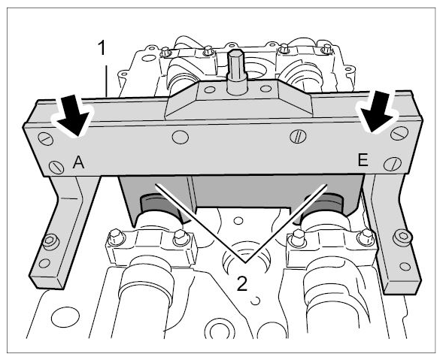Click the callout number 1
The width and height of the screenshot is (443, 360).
(x=102, y=47)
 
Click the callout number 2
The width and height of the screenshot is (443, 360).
(x=242, y=283)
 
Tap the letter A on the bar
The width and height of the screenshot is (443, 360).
(x=78, y=162)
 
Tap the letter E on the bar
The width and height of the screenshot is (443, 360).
(x=363, y=160)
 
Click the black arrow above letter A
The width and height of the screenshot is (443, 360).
(x=74, y=116)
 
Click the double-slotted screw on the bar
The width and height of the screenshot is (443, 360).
(x=298, y=137)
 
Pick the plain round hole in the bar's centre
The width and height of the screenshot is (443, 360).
(x=180, y=138)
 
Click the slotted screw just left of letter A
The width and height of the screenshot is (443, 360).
(x=57, y=167)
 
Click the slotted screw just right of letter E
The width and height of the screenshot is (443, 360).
(x=393, y=163)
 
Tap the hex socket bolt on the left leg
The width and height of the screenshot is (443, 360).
(x=50, y=241)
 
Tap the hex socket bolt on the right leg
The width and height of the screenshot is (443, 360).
(x=402, y=235)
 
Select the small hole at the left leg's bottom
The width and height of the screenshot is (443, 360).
(x=44, y=263)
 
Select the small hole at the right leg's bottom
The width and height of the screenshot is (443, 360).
(x=405, y=266)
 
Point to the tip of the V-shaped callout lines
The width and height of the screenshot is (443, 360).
(x=245, y=262)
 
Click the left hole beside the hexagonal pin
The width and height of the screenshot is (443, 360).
(x=209, y=89)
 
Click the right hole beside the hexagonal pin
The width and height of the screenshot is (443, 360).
(x=265, y=89)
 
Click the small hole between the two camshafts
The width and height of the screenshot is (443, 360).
(x=239, y=220)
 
